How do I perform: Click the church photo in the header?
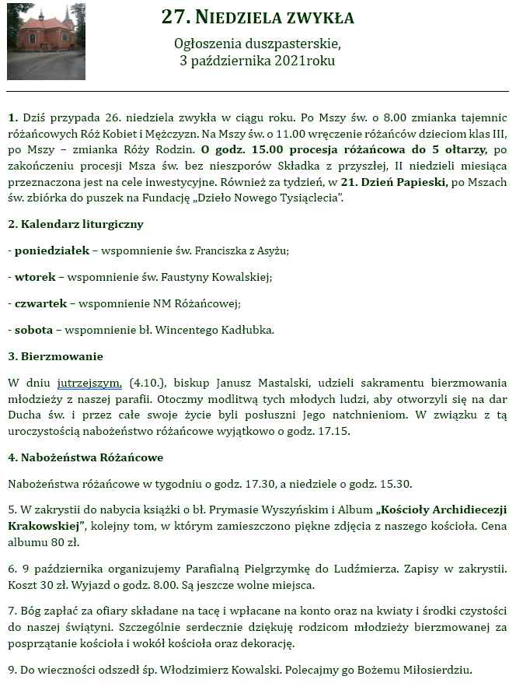(46, 41)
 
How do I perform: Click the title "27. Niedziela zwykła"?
(257, 17)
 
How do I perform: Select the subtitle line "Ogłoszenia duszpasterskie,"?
(257, 44)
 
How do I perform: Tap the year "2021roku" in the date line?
(305, 61)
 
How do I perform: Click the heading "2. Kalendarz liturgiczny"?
(75, 224)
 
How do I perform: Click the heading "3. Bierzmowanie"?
(55, 356)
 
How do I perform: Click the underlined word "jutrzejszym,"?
(89, 383)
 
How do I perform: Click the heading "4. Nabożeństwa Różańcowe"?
(85, 457)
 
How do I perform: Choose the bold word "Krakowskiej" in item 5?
(45, 526)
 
